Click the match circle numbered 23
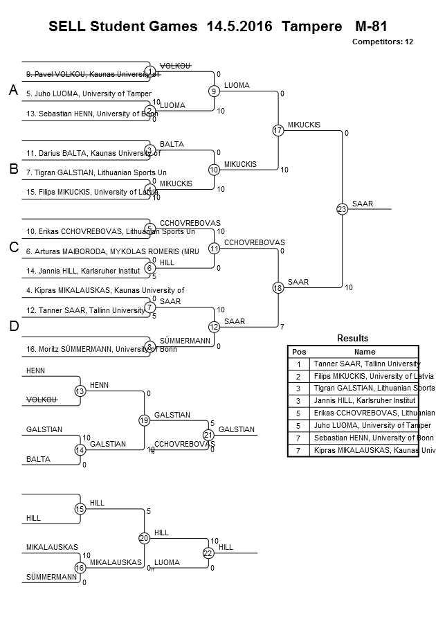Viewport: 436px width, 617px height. pos(342,210)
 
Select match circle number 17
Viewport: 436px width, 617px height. pos(278,130)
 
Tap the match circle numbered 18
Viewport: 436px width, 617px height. pos(278,288)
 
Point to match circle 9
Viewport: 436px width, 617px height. pos(215,91)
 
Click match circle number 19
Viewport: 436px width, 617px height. pos(144,420)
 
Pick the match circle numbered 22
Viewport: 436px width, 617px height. pos(208,553)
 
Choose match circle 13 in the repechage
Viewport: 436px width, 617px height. pos(80,391)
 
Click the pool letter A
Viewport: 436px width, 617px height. pos(12,91)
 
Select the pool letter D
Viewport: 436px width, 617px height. pos(12,326)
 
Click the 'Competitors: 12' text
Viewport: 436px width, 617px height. pos(383,42)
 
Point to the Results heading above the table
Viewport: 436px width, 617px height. pos(352,338)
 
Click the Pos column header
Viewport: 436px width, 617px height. pos(299,351)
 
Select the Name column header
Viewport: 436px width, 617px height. pos(365,351)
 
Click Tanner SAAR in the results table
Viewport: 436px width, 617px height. pos(366,364)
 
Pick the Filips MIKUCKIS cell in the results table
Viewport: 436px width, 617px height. pos(366,376)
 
